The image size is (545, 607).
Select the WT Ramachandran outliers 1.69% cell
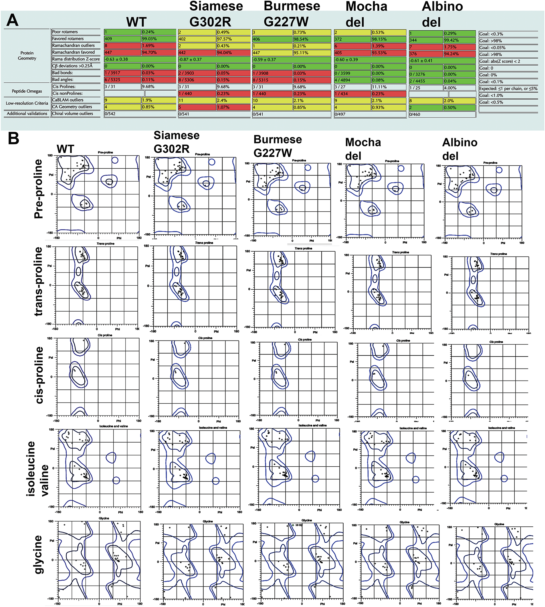158,45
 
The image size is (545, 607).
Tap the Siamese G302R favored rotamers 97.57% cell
233,39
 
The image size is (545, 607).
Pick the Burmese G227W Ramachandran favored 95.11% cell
312,53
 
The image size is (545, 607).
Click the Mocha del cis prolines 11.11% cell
389,87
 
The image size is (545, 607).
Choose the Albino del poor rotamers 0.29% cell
459,33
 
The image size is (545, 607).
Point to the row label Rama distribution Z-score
76,59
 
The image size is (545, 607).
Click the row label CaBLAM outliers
68,100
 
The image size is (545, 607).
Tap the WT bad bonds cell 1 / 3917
122,73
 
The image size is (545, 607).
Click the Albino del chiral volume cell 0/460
442,114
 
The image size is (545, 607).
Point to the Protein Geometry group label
27,55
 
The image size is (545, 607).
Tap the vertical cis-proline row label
39,375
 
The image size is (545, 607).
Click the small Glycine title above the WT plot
104,518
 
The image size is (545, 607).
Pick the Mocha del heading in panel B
363,149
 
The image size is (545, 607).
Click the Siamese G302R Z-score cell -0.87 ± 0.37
214,59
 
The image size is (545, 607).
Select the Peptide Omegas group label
27,91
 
